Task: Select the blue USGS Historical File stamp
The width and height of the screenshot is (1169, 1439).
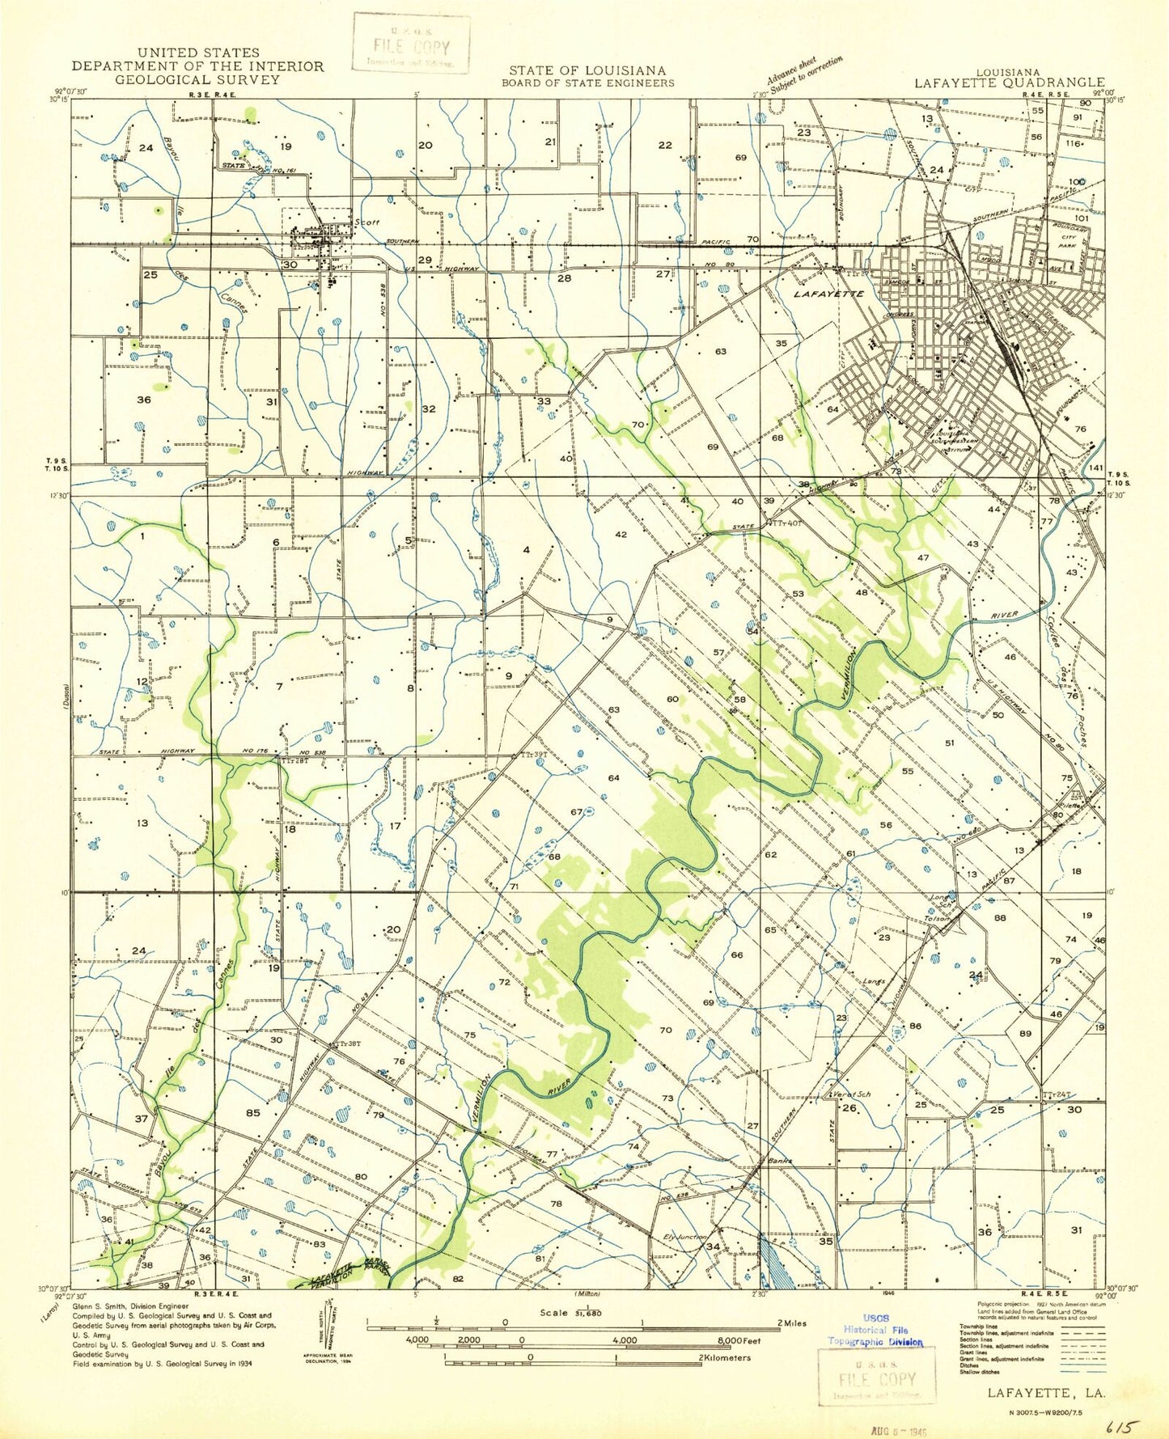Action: click(x=875, y=1330)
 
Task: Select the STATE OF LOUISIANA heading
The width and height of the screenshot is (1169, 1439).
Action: click(x=587, y=71)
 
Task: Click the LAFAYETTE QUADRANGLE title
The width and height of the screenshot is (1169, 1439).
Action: click(x=1009, y=83)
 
